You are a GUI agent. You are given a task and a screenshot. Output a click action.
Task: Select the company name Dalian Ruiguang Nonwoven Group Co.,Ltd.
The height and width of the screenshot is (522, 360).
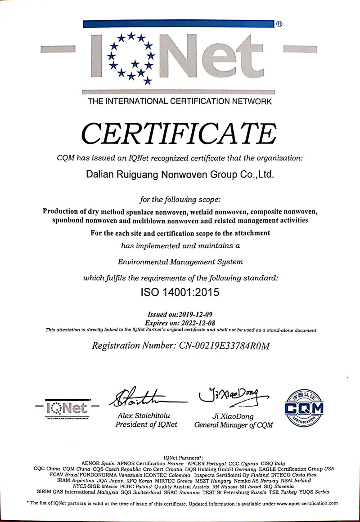click(180, 174)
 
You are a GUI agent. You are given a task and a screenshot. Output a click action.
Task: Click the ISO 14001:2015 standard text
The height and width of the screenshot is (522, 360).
click(180, 293)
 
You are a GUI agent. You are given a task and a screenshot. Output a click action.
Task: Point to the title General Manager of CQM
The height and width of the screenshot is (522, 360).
click(234, 425)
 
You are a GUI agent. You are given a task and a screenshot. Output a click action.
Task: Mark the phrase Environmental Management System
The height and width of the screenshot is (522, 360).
click(180, 261)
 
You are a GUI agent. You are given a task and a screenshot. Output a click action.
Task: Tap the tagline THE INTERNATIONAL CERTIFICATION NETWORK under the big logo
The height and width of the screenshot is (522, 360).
click(180, 102)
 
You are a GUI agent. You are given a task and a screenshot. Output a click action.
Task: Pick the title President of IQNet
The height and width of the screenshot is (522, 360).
click(146, 424)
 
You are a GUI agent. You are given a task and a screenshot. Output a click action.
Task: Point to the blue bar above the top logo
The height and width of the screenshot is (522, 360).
click(179, 25)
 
